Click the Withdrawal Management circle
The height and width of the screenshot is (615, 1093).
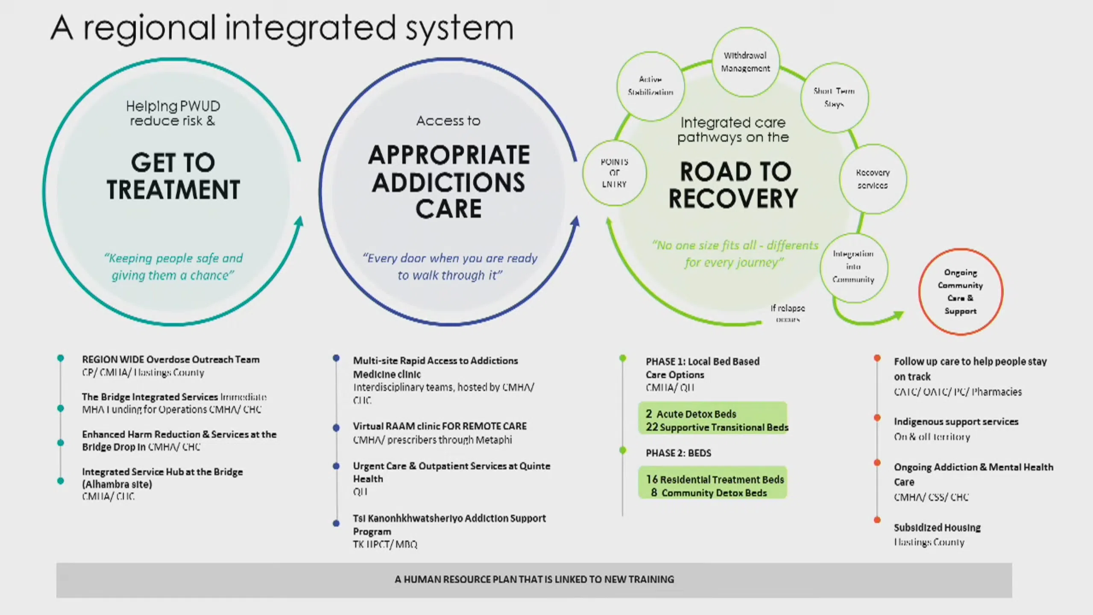745,62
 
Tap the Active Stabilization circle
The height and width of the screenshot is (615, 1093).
650,86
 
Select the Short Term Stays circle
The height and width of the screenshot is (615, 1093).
834,97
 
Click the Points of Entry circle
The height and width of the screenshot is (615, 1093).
614,173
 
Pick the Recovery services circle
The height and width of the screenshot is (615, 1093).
873,179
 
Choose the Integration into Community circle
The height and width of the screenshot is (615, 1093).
853,267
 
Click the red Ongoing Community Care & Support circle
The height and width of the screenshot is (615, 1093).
960,292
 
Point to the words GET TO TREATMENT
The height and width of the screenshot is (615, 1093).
173,176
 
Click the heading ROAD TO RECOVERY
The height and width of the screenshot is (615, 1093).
733,185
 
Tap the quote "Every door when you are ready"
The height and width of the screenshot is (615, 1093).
450,258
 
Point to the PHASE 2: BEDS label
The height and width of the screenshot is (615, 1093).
678,453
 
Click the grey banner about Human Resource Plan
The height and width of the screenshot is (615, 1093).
534,580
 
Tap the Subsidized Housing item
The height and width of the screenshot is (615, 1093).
937,528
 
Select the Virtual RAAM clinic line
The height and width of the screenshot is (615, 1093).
440,426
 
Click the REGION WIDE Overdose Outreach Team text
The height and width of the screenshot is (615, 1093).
170,359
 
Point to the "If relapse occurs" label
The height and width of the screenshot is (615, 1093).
788,313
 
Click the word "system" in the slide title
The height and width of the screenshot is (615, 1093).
459,28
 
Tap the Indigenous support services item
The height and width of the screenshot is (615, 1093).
956,422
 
